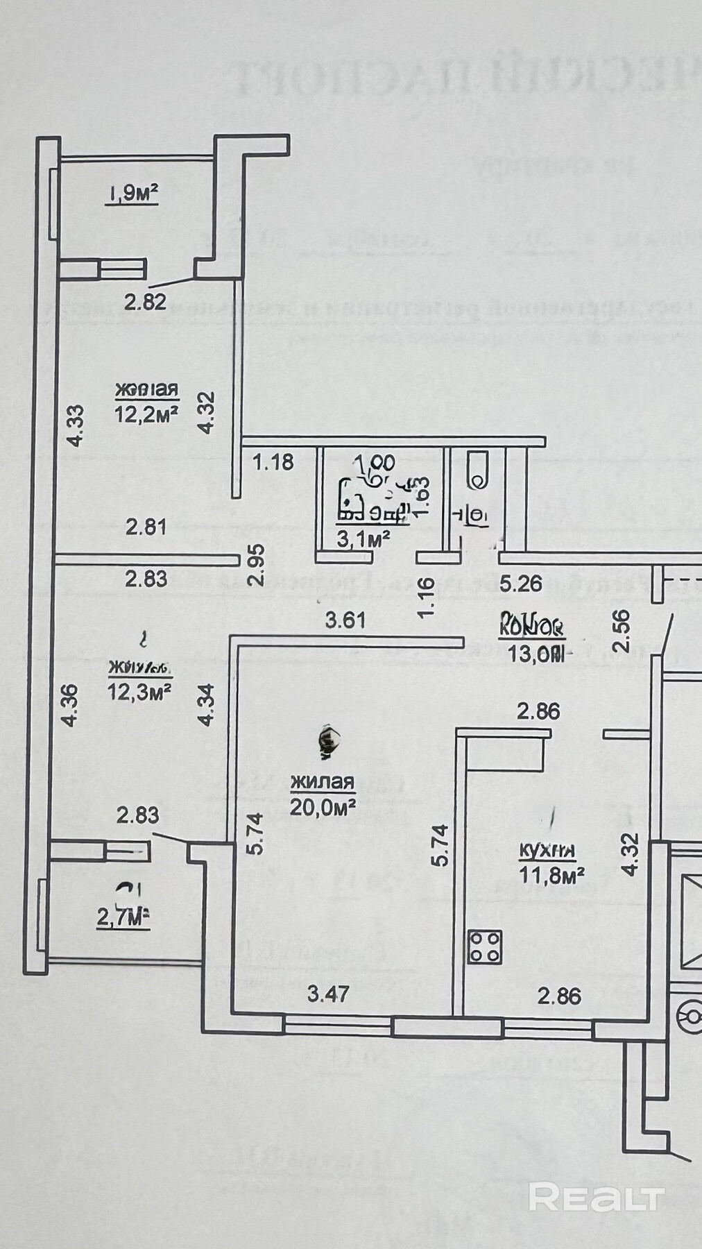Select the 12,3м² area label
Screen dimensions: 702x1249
click(x=139, y=692)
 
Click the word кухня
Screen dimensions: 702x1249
click(x=548, y=850)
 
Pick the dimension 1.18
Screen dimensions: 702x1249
click(x=273, y=461)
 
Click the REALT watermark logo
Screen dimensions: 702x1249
click(x=597, y=1196)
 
